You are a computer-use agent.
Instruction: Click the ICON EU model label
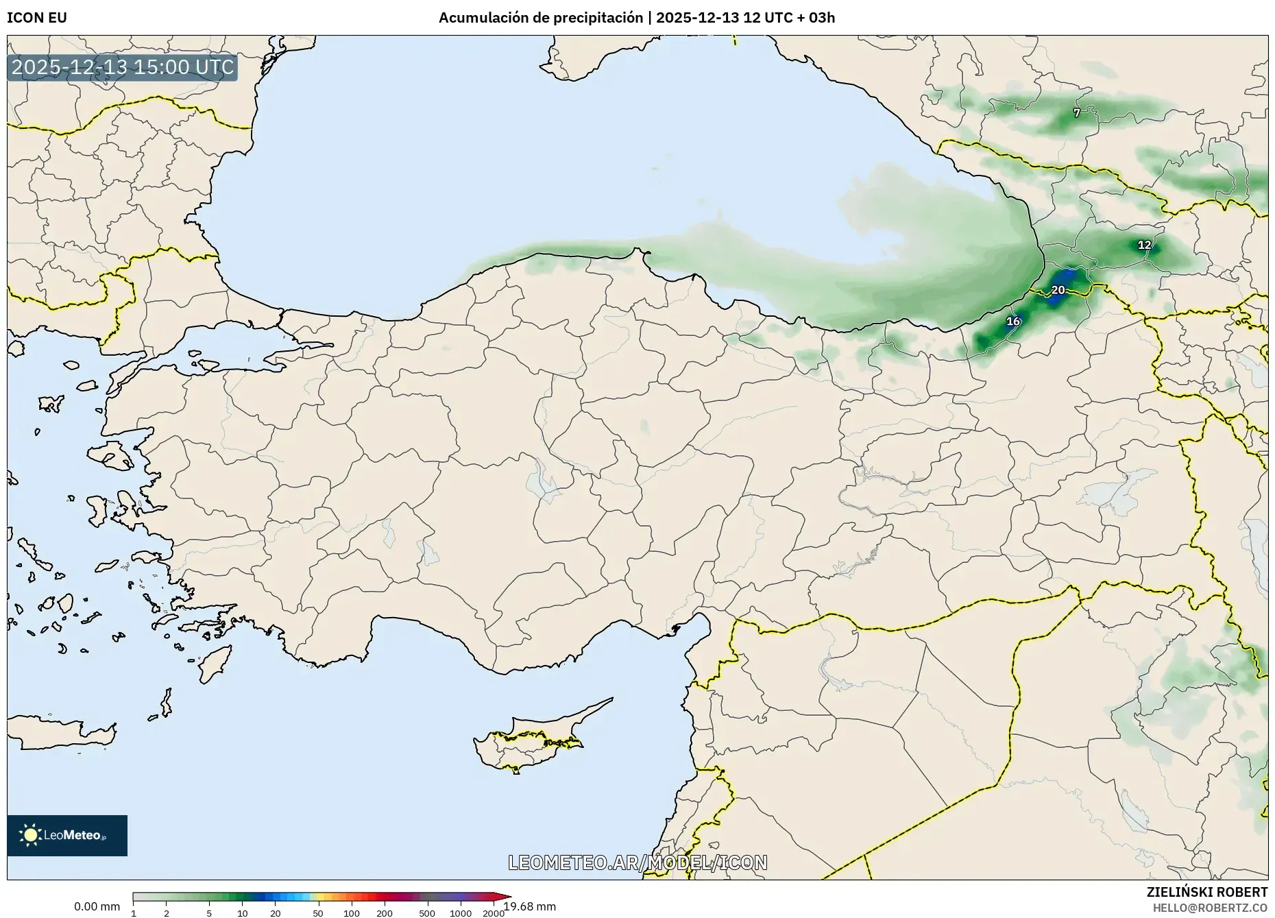point(37,17)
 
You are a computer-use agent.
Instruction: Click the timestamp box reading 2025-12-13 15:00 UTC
point(123,67)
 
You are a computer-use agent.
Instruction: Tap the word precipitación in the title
point(603,17)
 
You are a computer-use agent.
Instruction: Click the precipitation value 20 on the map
point(1058,290)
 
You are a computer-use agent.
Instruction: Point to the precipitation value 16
point(1013,321)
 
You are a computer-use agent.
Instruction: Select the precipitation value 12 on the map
point(1144,245)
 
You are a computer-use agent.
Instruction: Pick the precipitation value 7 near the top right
point(1076,113)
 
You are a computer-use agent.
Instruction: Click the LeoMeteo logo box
point(67,835)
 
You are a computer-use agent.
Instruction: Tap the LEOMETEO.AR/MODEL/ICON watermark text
point(637,862)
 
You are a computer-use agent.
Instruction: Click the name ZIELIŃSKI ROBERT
point(1206,892)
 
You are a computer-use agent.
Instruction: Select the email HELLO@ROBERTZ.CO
point(1210,908)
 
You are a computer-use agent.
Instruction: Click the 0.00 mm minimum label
point(97,906)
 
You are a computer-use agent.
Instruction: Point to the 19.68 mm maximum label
point(529,906)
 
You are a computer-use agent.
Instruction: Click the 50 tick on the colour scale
point(318,913)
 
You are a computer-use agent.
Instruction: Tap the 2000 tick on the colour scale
point(494,913)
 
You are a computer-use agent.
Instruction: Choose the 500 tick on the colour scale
point(427,913)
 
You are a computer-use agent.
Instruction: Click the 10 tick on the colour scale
point(243,913)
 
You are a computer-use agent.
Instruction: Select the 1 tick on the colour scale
point(134,913)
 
